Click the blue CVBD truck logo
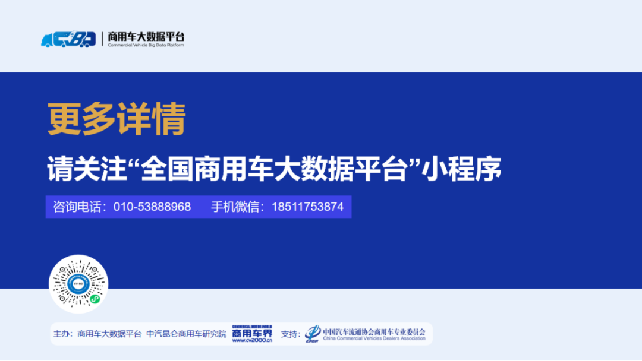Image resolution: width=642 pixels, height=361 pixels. pos(68,39)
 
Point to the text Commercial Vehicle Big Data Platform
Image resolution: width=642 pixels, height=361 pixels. pos(146,45)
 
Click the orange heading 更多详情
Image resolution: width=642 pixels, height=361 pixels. pos(117,119)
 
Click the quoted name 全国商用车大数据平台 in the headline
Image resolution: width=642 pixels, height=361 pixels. pos(272,169)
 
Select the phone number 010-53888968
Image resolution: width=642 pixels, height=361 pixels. pos(152,207)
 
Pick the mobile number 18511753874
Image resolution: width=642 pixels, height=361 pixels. pos(308,207)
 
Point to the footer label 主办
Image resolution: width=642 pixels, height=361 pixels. pos(61,334)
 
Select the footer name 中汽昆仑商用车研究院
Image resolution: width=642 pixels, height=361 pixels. pos(186,334)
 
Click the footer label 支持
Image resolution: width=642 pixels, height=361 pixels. pos(289,334)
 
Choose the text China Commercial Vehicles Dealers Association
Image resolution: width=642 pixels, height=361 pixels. pos(374,338)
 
